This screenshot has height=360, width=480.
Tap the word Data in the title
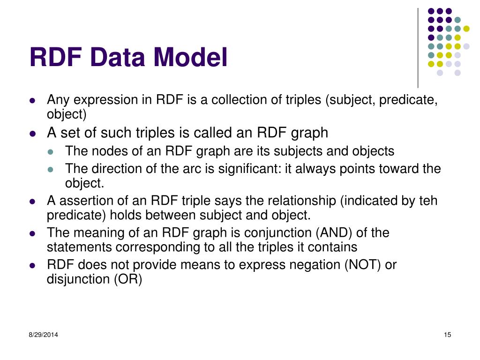coord(118,58)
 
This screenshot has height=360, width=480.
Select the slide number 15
coord(447,335)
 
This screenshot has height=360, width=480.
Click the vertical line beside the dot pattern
coord(418,47)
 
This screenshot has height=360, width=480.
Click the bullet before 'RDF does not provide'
coord(32,265)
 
